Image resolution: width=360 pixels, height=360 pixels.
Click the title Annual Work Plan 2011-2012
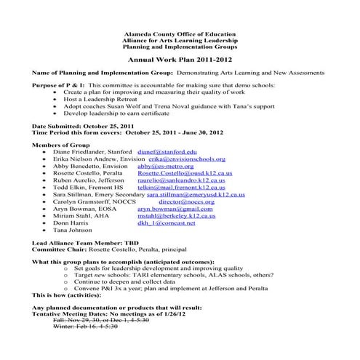pyautogui.click(x=180, y=63)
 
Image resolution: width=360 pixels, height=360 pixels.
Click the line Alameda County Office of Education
pyautogui.click(x=180, y=34)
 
